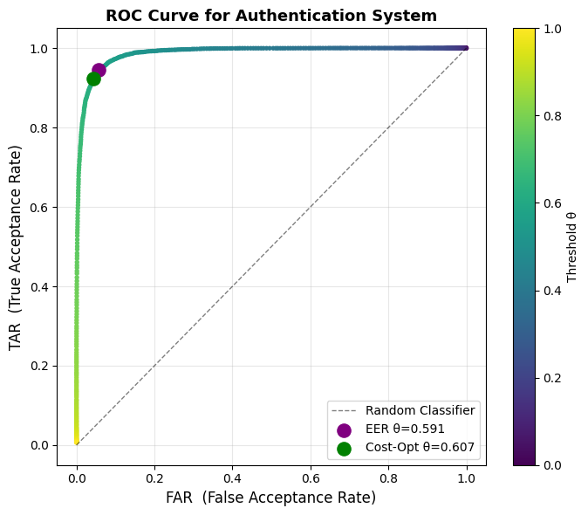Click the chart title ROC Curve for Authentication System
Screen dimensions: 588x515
point(271,16)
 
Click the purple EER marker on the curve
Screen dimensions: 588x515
point(99,70)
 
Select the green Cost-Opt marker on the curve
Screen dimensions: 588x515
point(93,79)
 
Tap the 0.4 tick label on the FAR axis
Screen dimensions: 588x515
point(233,478)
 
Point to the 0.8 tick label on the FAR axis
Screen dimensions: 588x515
point(388,478)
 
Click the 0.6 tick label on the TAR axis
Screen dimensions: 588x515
point(39,208)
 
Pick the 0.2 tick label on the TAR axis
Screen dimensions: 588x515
point(39,366)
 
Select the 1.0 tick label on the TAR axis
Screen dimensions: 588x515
point(39,49)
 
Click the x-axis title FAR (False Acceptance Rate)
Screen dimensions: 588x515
point(270,498)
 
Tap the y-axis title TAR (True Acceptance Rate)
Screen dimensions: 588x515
point(15,248)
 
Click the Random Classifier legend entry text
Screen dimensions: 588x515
point(420,411)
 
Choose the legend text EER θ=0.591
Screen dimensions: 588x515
point(405,429)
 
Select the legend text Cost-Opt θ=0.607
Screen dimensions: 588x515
point(420,447)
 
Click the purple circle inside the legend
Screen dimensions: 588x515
point(344,430)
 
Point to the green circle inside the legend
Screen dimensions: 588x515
point(344,449)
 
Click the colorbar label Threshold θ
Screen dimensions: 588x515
point(571,248)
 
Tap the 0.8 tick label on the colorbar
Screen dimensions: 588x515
point(553,116)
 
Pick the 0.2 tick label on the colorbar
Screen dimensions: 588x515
point(553,378)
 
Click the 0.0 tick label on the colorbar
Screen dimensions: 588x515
point(553,465)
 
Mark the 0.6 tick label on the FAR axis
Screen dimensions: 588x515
point(311,478)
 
